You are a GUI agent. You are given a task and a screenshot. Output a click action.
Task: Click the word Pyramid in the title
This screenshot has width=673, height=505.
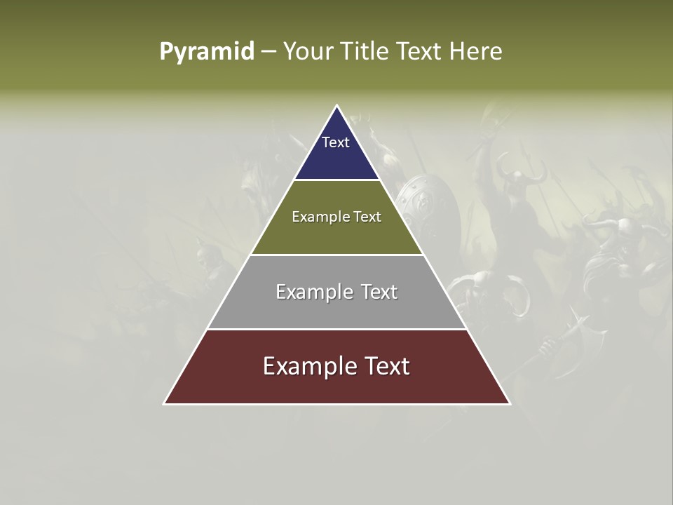coord(207,52)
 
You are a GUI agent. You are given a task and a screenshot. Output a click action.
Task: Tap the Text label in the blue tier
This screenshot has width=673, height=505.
coord(336,142)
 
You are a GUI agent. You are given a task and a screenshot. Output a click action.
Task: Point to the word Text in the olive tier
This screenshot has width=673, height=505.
coord(369,217)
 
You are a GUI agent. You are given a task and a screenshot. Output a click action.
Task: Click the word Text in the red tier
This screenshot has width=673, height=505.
coord(386,366)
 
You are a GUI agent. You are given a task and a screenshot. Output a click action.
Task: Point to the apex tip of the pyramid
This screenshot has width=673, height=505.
coord(336,107)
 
